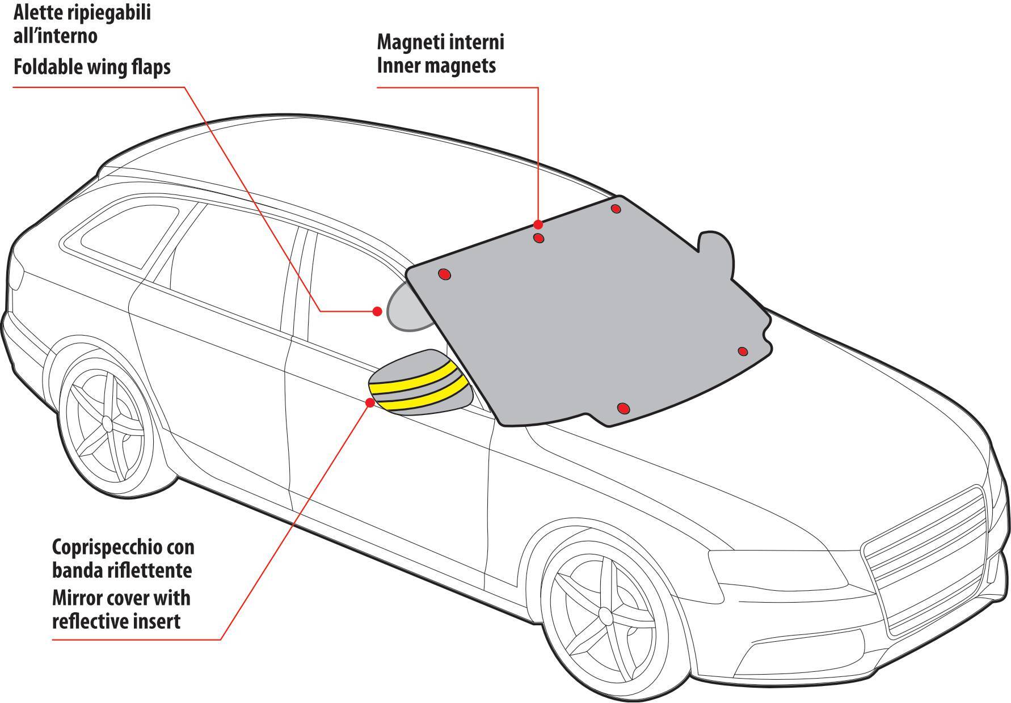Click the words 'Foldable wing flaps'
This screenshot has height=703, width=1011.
tap(92, 67)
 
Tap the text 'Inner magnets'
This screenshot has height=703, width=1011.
tap(436, 66)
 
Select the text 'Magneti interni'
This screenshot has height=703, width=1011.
tap(440, 42)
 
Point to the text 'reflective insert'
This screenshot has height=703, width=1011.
tap(116, 621)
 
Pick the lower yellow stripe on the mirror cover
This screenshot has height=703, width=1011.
tap(423, 395)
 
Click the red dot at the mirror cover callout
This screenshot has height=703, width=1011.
tap(370, 403)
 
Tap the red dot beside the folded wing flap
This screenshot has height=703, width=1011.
tap(377, 311)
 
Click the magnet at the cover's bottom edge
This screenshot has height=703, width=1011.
tap(623, 408)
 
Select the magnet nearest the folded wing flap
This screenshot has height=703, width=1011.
tap(444, 275)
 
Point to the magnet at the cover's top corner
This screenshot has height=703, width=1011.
tap(616, 209)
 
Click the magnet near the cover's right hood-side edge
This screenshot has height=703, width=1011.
tap(743, 351)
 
